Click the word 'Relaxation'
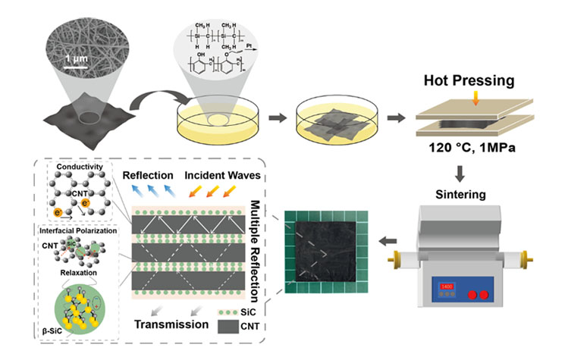coord(76,269)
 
